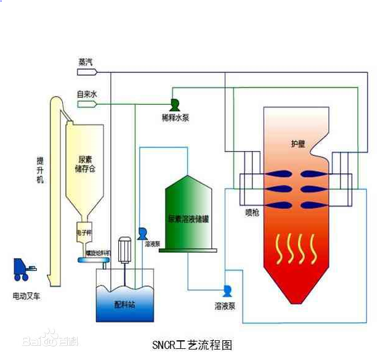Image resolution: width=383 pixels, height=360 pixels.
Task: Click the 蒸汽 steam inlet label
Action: [x=86, y=62]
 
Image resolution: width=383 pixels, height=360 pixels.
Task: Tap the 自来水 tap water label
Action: [x=86, y=94]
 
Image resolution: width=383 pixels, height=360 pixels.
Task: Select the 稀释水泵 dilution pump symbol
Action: [x=174, y=104]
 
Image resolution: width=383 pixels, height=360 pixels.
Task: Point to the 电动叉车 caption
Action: [x=28, y=296]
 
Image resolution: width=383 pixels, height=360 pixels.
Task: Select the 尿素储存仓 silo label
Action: [x=82, y=163]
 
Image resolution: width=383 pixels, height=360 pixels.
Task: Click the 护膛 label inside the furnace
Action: [x=297, y=144]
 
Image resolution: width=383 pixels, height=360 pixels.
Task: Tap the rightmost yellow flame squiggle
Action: [x=315, y=248]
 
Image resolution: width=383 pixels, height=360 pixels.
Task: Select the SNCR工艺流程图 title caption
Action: [x=191, y=345]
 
